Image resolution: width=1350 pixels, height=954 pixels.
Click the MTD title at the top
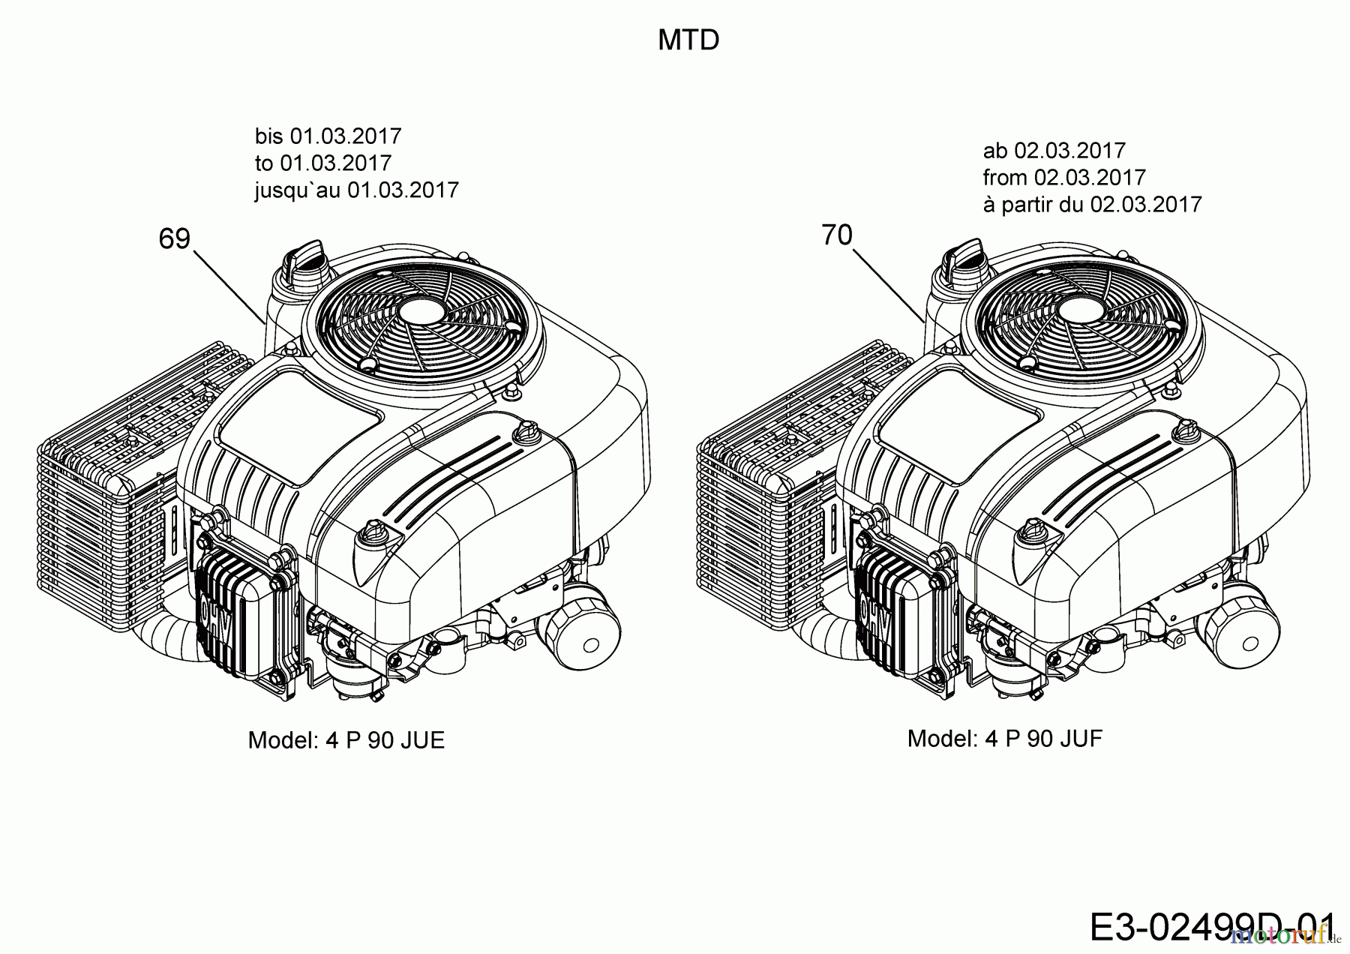click(x=688, y=40)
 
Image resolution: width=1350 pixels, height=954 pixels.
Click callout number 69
click(x=175, y=239)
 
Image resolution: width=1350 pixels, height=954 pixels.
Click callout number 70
click(x=837, y=235)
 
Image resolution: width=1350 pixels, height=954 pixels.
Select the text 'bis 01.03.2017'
click(x=328, y=136)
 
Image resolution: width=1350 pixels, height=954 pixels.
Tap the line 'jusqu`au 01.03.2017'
click(x=356, y=190)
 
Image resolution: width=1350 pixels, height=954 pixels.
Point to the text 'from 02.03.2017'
click(x=1064, y=178)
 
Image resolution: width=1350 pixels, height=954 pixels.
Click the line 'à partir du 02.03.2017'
click(x=1092, y=205)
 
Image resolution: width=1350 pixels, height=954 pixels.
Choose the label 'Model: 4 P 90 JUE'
click(x=346, y=741)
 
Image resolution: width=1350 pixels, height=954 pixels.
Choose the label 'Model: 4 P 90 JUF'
click(x=1004, y=739)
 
